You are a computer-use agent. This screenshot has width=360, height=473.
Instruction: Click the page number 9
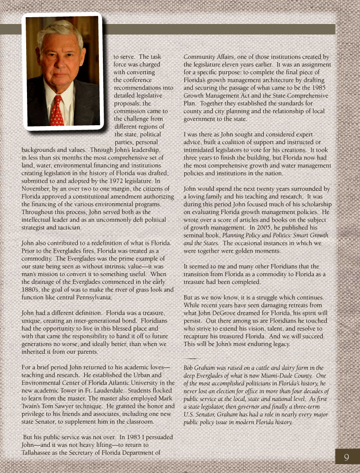[346, 458]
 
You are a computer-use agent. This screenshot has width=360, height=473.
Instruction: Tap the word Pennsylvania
[92, 297]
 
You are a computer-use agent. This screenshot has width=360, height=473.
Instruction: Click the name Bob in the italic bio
[189, 368]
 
